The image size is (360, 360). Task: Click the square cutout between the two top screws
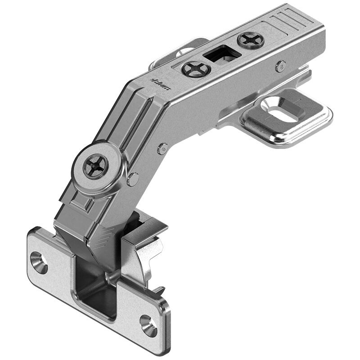tap(222, 55)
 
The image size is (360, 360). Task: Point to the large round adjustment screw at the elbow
tap(95, 166)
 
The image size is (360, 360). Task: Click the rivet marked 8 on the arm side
tap(281, 66)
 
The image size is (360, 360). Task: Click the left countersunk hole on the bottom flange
tap(39, 262)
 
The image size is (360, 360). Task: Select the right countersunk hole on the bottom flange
tap(148, 325)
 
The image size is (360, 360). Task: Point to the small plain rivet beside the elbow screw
tap(133, 179)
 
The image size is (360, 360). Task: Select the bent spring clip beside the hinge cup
tap(146, 252)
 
